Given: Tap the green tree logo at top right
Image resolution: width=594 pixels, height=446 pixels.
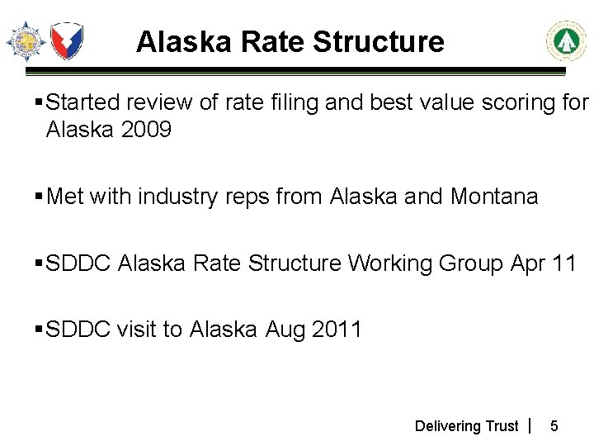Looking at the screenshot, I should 566,41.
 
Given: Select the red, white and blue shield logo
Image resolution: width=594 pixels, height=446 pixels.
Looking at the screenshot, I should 67,40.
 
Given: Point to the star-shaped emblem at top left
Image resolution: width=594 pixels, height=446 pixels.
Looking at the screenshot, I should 26,40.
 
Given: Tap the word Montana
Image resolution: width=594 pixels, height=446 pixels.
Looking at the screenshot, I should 494,197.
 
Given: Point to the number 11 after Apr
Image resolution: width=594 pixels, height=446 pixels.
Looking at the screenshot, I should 564,263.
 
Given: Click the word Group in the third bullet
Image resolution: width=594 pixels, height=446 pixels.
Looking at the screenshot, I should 469,263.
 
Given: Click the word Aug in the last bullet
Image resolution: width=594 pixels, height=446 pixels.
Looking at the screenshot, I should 285,330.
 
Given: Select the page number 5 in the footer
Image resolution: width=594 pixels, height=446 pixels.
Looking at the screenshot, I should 554,426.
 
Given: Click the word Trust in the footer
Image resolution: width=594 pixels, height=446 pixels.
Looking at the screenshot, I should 502,426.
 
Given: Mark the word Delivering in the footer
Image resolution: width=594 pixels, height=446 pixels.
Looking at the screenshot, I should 448,426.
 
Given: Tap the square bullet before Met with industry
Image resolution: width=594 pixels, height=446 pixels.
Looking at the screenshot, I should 40,197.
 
